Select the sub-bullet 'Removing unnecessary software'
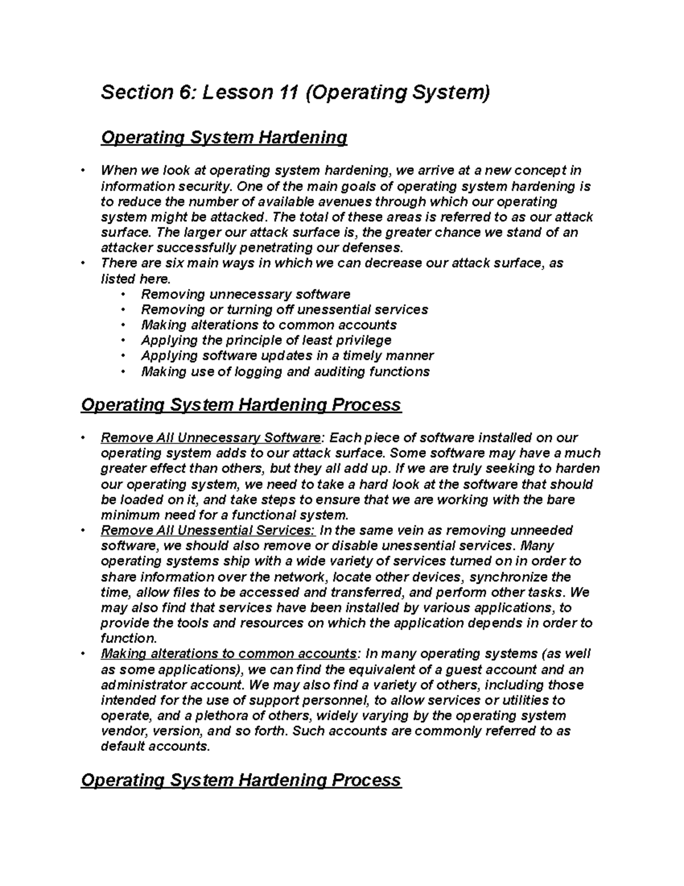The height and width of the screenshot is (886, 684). coord(246,294)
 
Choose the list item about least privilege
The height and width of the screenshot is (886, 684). coord(266,341)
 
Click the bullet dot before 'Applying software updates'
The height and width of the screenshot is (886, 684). coord(123,356)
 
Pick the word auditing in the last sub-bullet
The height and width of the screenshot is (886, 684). coord(338,372)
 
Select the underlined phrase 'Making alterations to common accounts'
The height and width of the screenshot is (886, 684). coord(229,654)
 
